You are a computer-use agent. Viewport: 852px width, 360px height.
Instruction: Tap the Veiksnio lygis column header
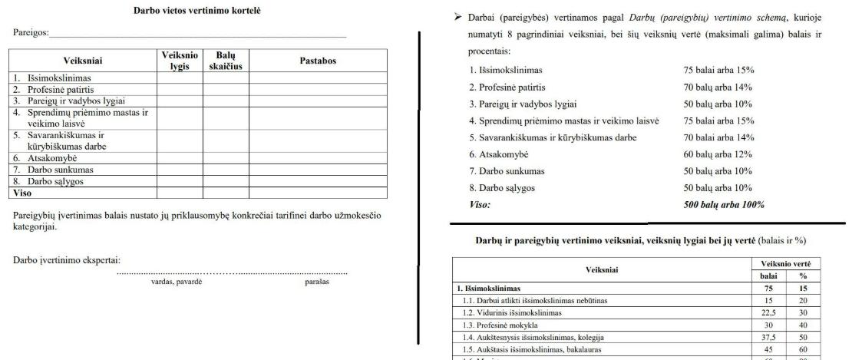click(x=180, y=61)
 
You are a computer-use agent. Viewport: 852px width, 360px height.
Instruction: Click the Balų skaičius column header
click(x=226, y=61)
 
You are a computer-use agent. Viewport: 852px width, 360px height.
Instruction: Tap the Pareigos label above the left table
click(x=30, y=34)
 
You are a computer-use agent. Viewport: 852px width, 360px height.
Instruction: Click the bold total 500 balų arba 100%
click(x=724, y=205)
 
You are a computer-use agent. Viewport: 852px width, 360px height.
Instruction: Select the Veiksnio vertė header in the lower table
click(x=787, y=263)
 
